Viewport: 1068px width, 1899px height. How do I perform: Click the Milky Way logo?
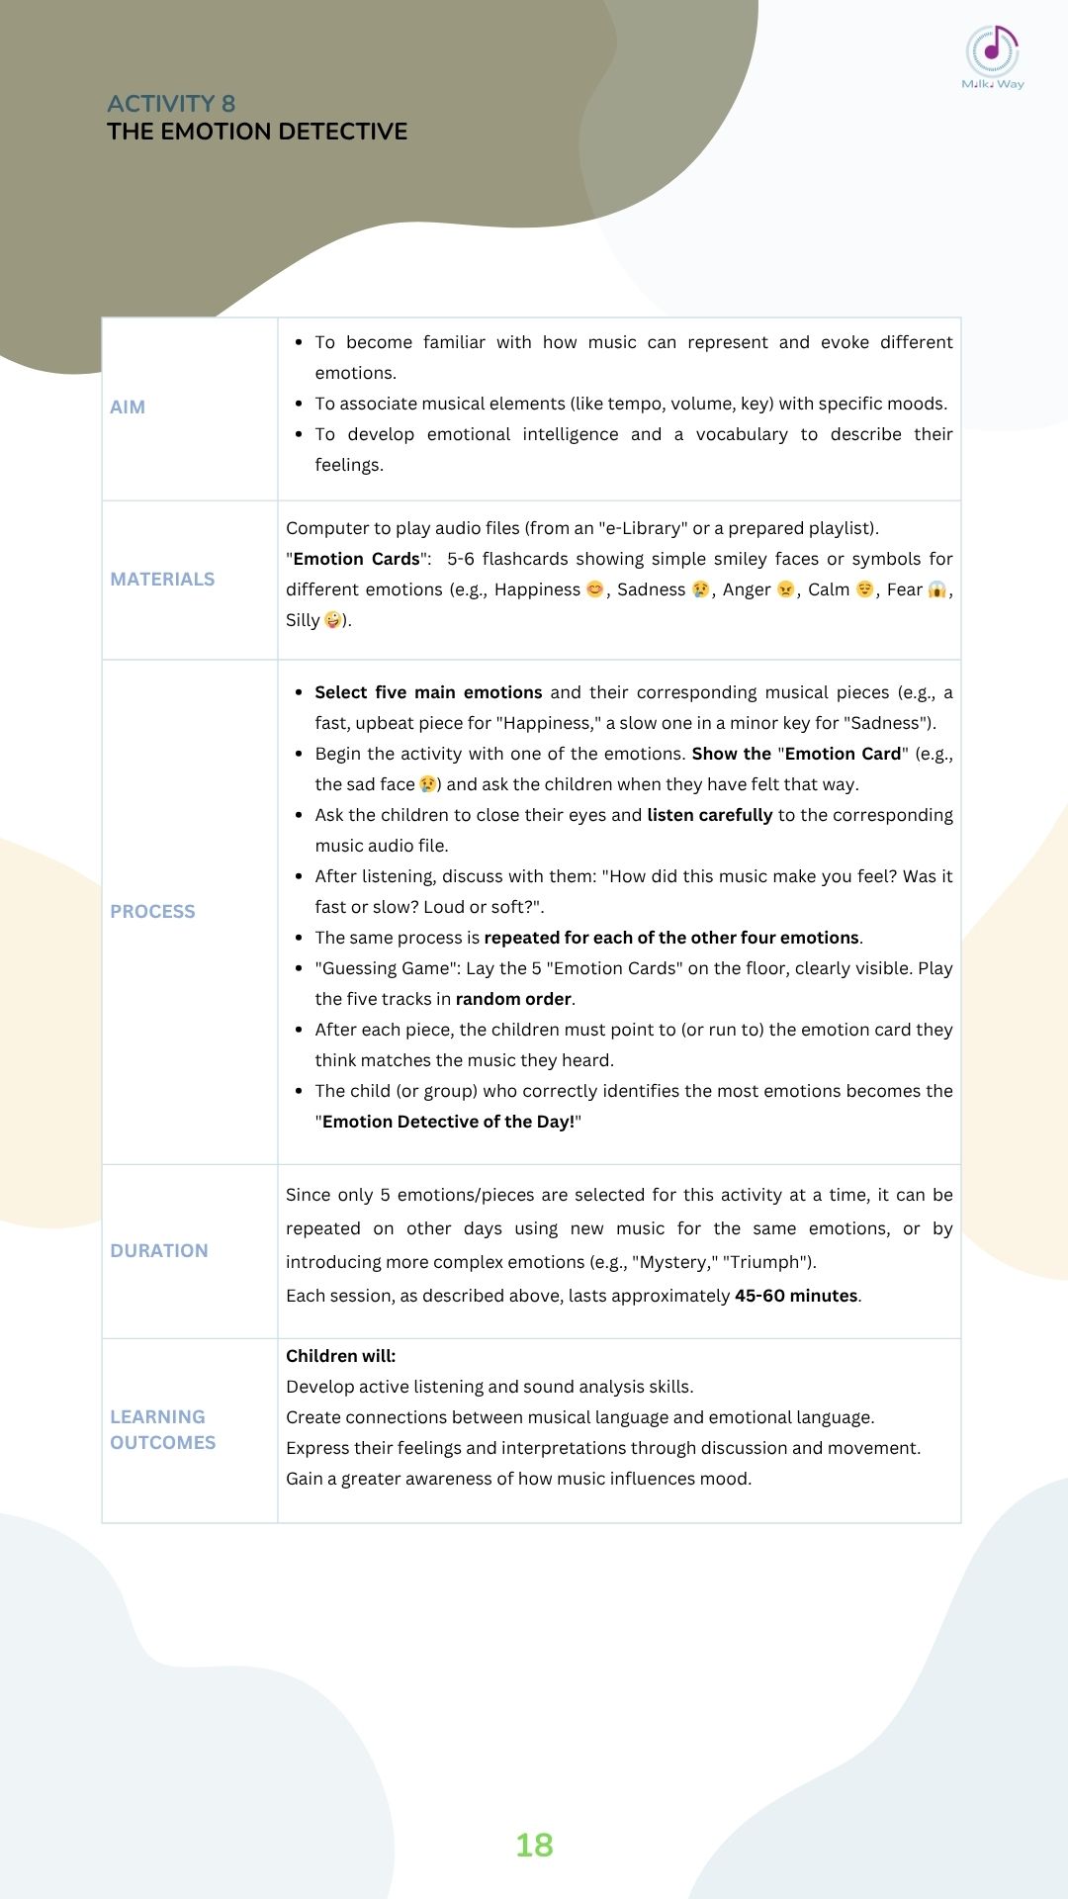pyautogui.click(x=993, y=57)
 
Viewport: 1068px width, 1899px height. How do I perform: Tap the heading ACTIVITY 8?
pyautogui.click(x=171, y=104)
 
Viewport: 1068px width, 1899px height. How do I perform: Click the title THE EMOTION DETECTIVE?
pyautogui.click(x=257, y=132)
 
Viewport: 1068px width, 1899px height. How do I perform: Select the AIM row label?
pyautogui.click(x=128, y=407)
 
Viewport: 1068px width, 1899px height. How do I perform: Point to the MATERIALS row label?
pyautogui.click(x=162, y=580)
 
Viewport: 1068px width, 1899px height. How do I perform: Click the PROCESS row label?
pyautogui.click(x=152, y=912)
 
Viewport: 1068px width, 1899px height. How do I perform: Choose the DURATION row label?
pyautogui.click(x=159, y=1251)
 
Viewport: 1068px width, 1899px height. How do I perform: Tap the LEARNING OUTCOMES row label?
pyautogui.click(x=162, y=1430)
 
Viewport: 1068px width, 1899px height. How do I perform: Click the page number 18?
pyautogui.click(x=534, y=1846)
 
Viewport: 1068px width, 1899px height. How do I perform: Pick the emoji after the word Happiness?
pyautogui.click(x=595, y=589)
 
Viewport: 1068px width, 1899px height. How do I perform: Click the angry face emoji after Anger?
pyautogui.click(x=786, y=589)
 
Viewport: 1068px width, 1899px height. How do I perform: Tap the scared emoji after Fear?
pyautogui.click(x=936, y=589)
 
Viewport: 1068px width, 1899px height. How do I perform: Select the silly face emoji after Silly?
pyautogui.click(x=333, y=620)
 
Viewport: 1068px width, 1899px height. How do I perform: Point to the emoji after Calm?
pyautogui.click(x=864, y=589)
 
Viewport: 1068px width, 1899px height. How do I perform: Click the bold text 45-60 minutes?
pyautogui.click(x=796, y=1296)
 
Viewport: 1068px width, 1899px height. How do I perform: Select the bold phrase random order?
pyautogui.click(x=513, y=999)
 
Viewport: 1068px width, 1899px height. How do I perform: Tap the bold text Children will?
pyautogui.click(x=340, y=1356)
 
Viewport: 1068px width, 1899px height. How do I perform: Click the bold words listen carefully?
pyautogui.click(x=709, y=815)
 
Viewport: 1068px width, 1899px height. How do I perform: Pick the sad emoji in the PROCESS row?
pyautogui.click(x=427, y=784)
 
